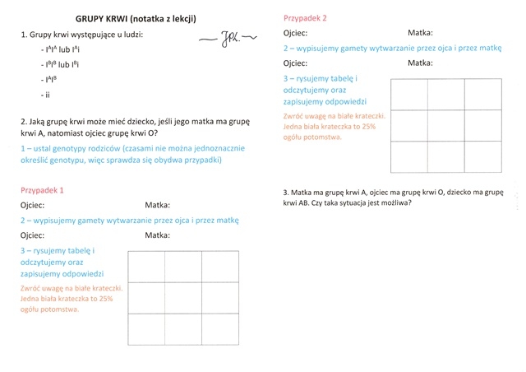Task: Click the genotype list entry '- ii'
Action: click(46, 95)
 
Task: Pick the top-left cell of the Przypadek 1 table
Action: click(146, 266)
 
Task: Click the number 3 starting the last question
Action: click(284, 189)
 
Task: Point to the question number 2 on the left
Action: click(23, 121)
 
